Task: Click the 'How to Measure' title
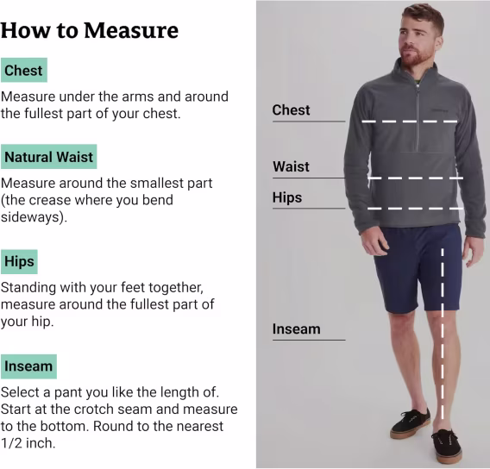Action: click(90, 30)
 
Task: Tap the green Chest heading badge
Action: click(24, 70)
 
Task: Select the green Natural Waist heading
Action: click(49, 156)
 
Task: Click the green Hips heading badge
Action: click(19, 262)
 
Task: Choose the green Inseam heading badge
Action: click(28, 366)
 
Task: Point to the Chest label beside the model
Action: click(291, 109)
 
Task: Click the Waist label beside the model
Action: click(291, 166)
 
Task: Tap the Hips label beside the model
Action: click(287, 197)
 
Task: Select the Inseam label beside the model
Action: click(296, 329)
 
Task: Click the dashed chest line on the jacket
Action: click(410, 122)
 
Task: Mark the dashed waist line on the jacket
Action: click(416, 178)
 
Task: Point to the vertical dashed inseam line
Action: click(443, 334)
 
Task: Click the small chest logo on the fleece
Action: click(440, 110)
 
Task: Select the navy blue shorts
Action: click(418, 268)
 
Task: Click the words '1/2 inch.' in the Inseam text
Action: click(28, 443)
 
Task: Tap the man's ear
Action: click(438, 42)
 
